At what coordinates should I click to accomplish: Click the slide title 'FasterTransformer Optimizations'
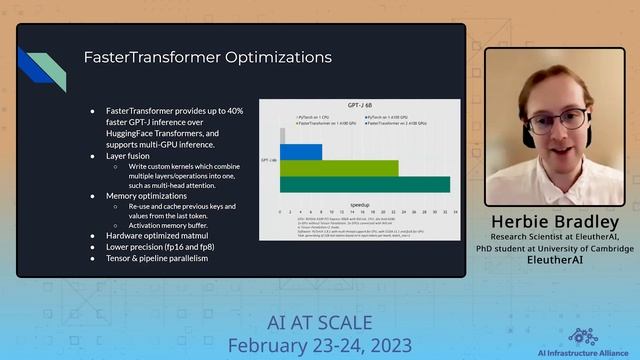[207, 57]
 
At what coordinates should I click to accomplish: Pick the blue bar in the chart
[300, 152]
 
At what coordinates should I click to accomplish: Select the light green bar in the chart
[338, 168]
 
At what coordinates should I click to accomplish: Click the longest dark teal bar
[364, 184]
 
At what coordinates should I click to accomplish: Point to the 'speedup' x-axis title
[360, 203]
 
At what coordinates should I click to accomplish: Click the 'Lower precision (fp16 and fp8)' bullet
[160, 246]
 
